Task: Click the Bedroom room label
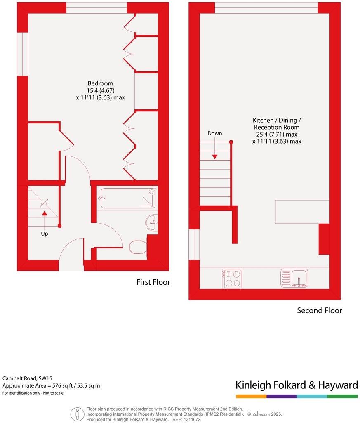pos(100,83)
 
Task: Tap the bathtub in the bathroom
pos(127,199)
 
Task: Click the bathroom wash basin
pos(152,223)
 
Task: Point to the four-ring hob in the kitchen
pos(232,278)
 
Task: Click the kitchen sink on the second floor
pos(294,278)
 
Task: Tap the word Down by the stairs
pos(214,133)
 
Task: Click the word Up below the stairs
pos(44,234)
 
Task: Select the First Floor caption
pos(153,282)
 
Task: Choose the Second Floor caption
pos(319,310)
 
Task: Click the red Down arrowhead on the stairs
pos(215,156)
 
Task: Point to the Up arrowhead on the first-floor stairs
pos(44,213)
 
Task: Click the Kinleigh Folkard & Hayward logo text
pos(296,385)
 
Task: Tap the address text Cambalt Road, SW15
pos(27,378)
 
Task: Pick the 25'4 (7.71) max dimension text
pos(277,134)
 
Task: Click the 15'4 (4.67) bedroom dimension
pos(100,90)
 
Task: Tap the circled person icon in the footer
pos(77,414)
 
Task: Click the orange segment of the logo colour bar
pos(251,396)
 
